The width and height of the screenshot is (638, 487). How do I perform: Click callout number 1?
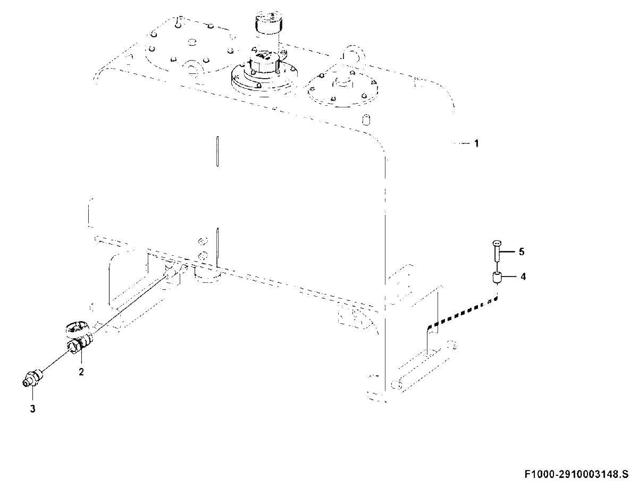point(476,144)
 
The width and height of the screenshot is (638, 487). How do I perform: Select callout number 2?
point(81,372)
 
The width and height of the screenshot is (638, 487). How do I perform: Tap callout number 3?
point(32,409)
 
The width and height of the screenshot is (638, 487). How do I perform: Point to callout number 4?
point(523,276)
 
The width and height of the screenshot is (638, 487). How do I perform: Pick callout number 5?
point(522,251)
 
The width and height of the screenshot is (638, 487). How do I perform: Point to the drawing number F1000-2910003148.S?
point(577,475)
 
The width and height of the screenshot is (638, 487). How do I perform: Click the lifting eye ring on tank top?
point(353,54)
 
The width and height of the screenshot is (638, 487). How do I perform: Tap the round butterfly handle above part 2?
point(75,329)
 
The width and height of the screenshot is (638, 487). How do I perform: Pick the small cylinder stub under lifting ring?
point(367,120)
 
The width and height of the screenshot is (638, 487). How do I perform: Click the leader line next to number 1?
point(462,144)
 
